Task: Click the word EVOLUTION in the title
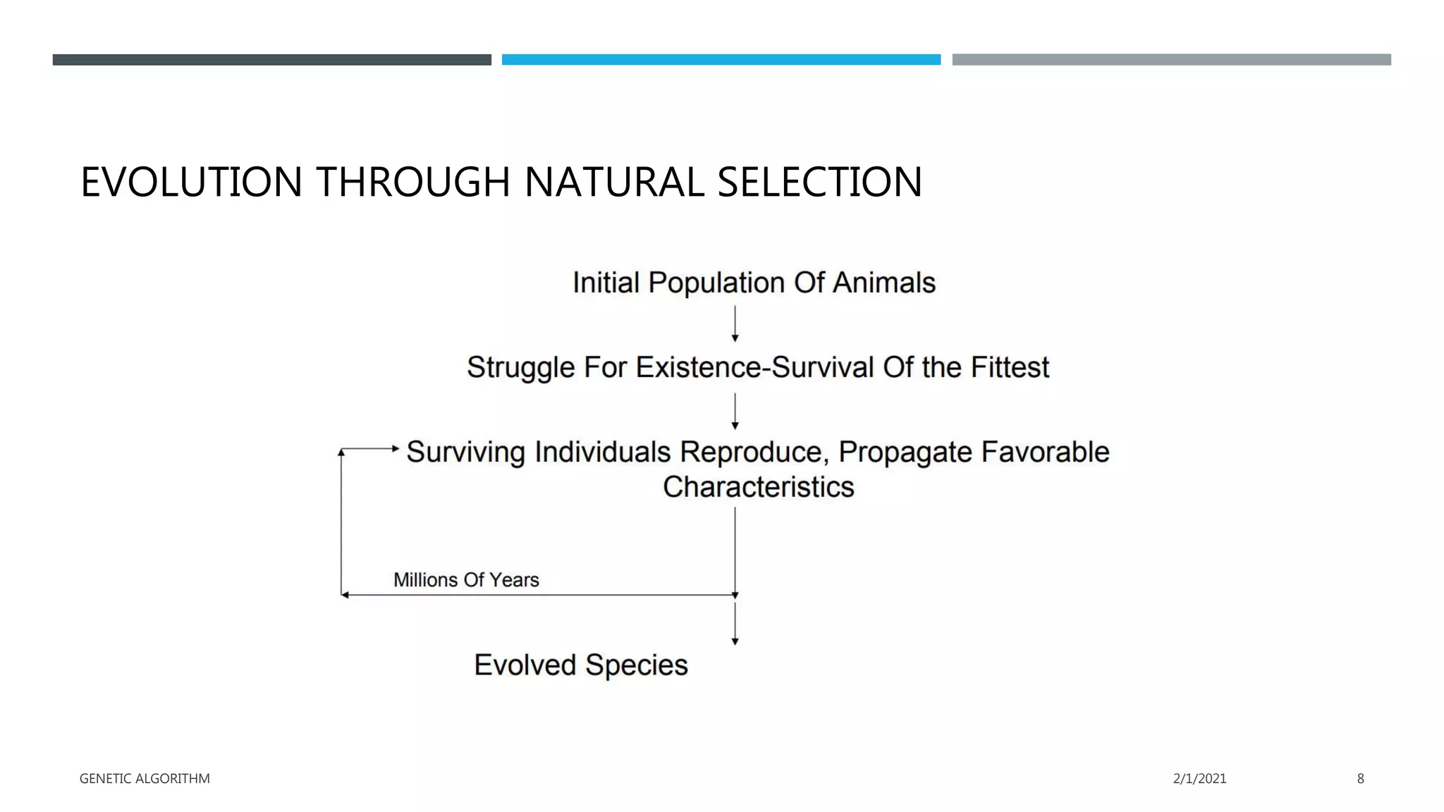click(x=192, y=182)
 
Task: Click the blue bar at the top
click(x=721, y=60)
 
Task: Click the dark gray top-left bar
click(x=271, y=60)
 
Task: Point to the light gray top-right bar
click(x=1171, y=60)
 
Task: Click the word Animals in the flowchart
click(x=884, y=283)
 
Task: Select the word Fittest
click(x=1010, y=367)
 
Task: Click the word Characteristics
click(x=758, y=487)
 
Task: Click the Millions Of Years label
click(x=466, y=580)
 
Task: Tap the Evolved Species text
click(x=580, y=665)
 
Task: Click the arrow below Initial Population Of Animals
click(x=735, y=324)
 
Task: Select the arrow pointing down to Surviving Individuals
click(x=735, y=412)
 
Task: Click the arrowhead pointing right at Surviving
click(x=395, y=448)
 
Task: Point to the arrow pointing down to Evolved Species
click(x=735, y=624)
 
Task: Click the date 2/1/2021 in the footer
click(x=1199, y=779)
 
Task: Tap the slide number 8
click(x=1360, y=779)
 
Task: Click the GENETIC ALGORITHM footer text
click(x=145, y=779)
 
